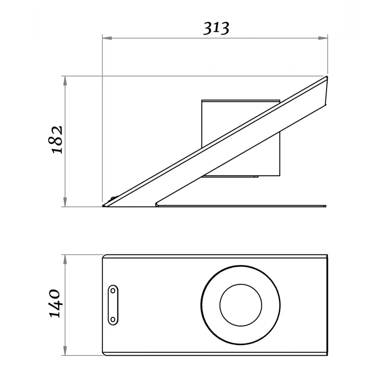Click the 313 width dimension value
(x=216, y=28)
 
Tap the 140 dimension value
(x=55, y=303)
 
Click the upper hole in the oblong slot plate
(x=113, y=291)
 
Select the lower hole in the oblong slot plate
(x=113, y=319)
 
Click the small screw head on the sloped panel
(x=112, y=198)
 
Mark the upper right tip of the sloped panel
(x=326, y=78)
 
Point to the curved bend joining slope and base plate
(x=157, y=204)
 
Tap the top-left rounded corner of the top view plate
(x=104, y=256)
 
